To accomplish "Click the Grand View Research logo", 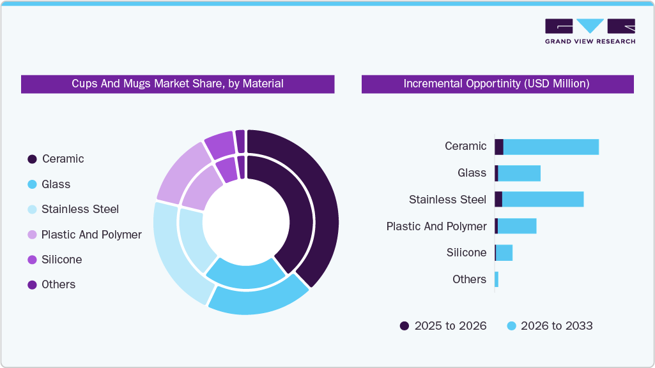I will pos(590,31).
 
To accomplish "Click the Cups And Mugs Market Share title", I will pos(178,84).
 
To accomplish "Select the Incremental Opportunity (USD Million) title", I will pos(497,84).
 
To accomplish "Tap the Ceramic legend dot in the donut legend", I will pos(32,159).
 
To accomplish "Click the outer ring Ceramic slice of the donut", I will pos(323,204).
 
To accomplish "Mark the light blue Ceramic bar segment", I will pos(551,147).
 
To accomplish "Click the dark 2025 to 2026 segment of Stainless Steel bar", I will pos(498,199).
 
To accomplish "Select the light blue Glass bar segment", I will pos(519,173).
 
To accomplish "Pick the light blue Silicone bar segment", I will pos(504,253).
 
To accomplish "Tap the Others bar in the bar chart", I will pos(497,279).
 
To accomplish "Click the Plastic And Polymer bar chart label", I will pos(436,226).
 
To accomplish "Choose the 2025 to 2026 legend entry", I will pos(443,326).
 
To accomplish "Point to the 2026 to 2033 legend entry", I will pos(550,326).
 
